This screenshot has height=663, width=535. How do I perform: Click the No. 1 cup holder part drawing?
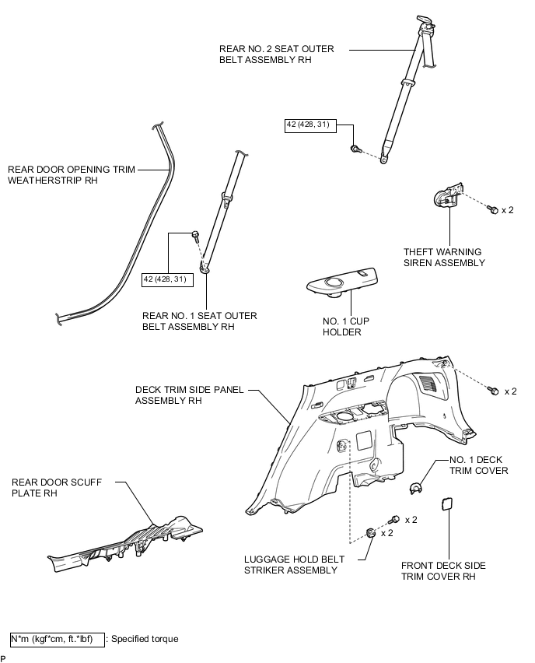(342, 283)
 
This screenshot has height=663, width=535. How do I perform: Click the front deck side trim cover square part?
(447, 504)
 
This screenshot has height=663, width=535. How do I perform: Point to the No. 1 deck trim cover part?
(416, 488)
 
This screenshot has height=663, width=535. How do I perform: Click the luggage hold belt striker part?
(371, 534)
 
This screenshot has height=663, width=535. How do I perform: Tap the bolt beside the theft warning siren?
(493, 209)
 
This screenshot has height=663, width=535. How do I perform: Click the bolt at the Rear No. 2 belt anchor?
(355, 149)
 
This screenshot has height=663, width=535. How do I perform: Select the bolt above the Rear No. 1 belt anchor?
(195, 236)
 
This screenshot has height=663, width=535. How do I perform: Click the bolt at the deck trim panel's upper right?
(493, 391)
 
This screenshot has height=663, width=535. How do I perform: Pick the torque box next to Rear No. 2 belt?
(310, 125)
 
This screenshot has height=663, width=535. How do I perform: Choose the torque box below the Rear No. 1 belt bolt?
(167, 280)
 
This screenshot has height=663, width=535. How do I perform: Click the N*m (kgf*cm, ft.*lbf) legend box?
(58, 640)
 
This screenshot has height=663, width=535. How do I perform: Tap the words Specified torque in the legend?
(145, 639)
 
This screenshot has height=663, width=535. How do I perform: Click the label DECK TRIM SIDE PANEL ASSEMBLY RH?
(189, 395)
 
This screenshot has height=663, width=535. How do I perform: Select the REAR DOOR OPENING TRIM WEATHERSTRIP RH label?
(72, 174)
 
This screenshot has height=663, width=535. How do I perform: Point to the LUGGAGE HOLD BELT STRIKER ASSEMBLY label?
(294, 564)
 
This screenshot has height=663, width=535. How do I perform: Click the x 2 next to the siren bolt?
(508, 210)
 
